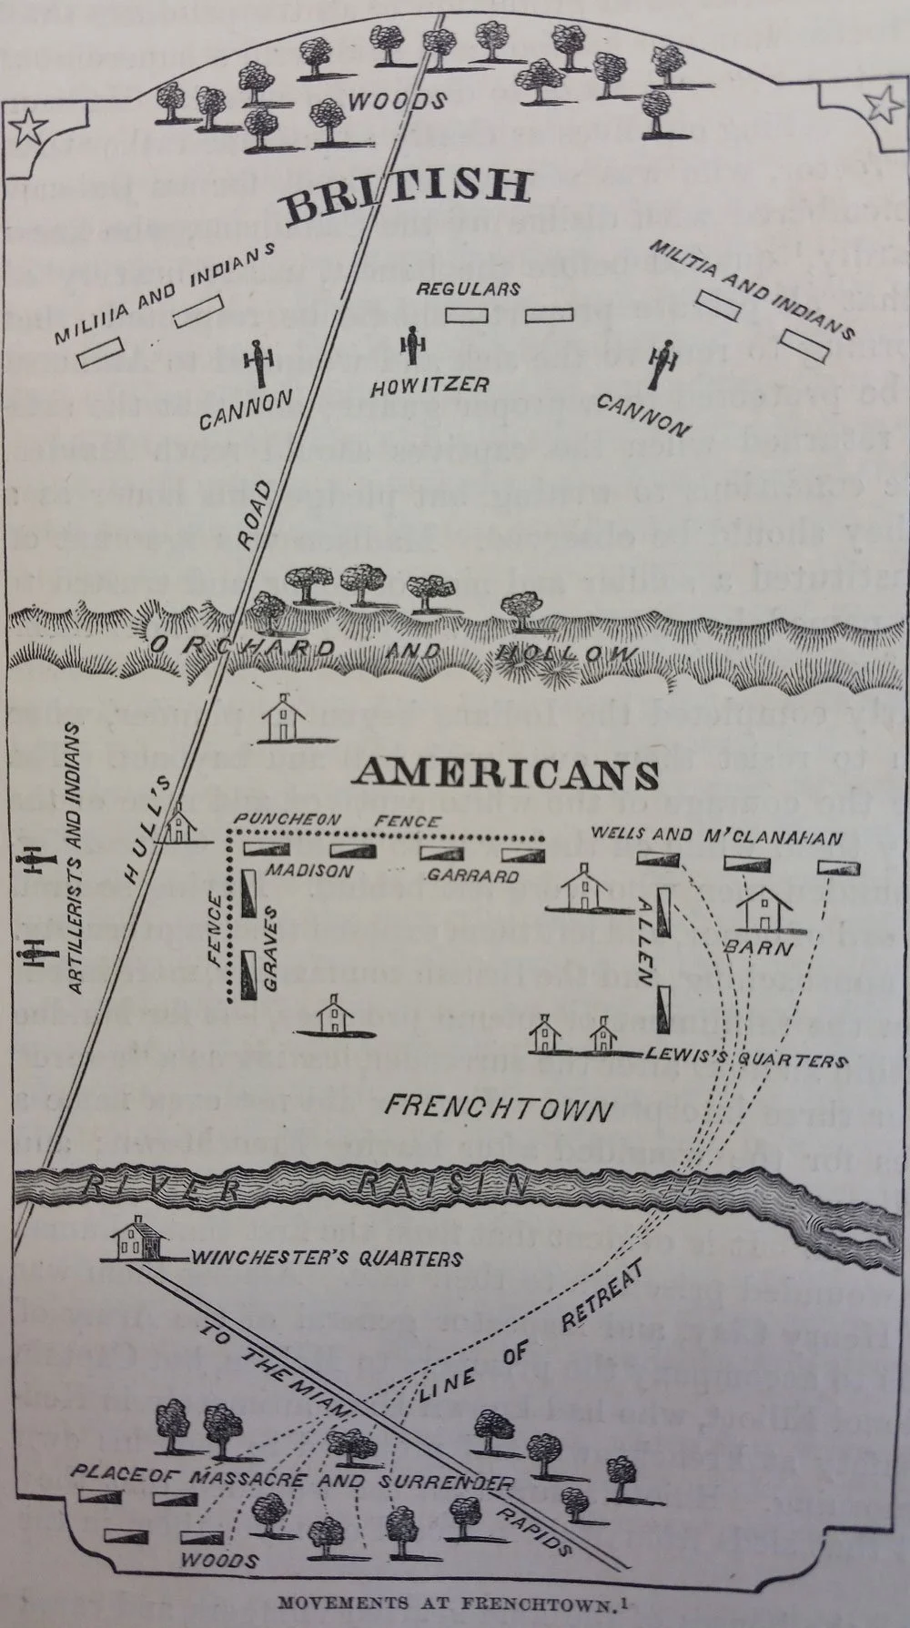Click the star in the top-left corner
tap(30, 126)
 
